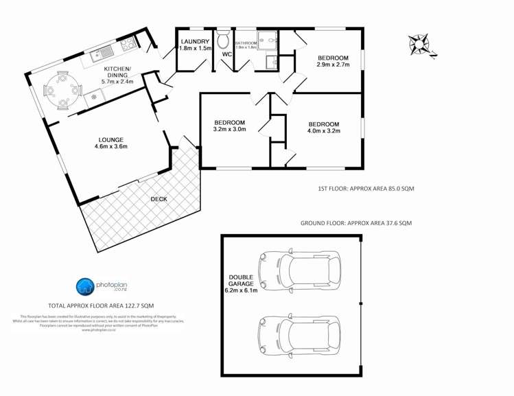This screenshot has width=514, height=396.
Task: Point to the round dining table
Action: tap(62, 89)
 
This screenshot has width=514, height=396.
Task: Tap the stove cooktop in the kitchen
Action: tap(128, 45)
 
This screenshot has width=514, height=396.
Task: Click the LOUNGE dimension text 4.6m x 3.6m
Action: tap(110, 146)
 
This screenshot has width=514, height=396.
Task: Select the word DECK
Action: tap(159, 199)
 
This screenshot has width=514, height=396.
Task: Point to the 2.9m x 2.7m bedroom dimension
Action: tap(333, 65)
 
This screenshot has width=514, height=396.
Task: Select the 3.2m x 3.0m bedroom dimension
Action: tap(229, 128)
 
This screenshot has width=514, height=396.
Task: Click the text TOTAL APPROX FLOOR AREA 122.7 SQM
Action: tap(100, 305)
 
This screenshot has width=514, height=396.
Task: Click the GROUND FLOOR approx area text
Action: tap(355, 223)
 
